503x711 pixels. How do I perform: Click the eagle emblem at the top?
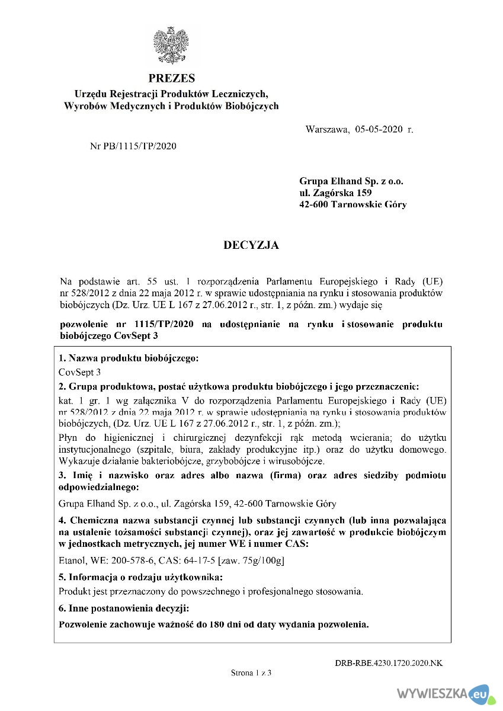(171, 46)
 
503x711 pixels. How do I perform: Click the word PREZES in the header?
(171, 78)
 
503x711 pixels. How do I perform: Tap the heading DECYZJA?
(251, 245)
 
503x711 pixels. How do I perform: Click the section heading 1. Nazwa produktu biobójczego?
(129, 358)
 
